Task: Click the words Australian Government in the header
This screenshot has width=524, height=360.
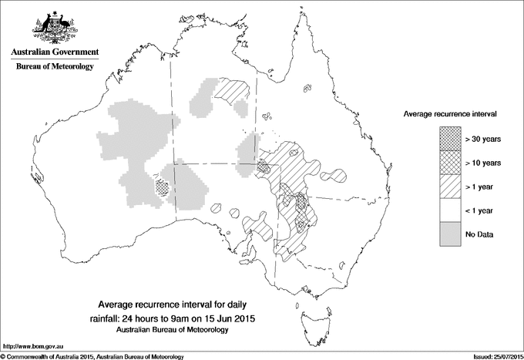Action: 54,52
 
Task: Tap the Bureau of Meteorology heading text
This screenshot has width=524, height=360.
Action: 54,67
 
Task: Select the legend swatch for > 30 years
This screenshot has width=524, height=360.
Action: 451,139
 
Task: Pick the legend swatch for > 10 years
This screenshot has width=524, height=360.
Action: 451,163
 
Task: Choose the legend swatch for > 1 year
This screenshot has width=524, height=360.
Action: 451,187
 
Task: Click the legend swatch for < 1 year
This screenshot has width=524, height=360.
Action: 451,210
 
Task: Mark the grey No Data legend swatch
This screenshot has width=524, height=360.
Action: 451,234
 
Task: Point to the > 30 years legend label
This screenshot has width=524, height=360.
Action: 484,139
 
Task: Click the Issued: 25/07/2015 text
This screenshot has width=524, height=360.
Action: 493,356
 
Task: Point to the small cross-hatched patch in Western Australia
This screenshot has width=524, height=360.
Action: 161,186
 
